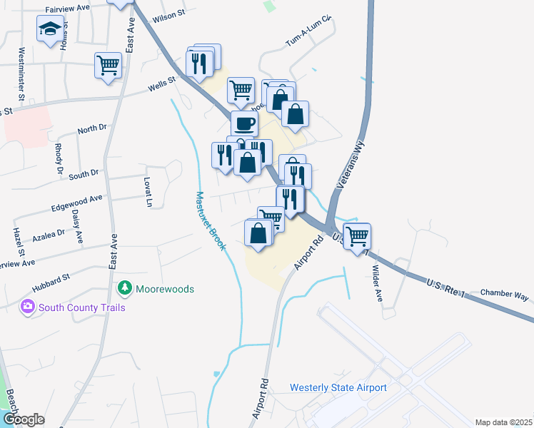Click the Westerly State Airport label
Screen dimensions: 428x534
pyautogui.click(x=338, y=388)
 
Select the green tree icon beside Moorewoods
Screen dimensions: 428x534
pyautogui.click(x=125, y=288)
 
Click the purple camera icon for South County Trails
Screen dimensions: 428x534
pyautogui.click(x=28, y=307)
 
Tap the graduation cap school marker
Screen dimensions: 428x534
pyautogui.click(x=50, y=29)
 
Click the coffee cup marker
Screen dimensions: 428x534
pyautogui.click(x=244, y=123)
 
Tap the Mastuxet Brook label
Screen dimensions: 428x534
pyautogui.click(x=211, y=220)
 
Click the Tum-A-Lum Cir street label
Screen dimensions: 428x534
pyautogui.click(x=309, y=31)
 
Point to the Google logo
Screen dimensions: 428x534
pyautogui.click(x=24, y=419)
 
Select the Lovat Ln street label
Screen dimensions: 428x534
pyautogui.click(x=148, y=192)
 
